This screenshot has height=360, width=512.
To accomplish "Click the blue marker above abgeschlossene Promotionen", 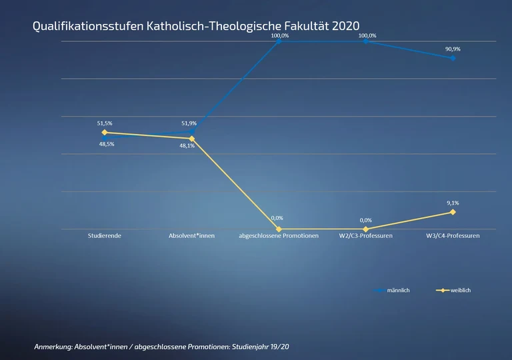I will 279,41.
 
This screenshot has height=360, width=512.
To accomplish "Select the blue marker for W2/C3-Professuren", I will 366,41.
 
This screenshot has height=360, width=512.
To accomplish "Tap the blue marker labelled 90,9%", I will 453,58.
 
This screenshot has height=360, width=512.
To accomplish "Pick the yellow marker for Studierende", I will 105,133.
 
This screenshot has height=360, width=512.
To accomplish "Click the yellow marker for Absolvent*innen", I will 192,139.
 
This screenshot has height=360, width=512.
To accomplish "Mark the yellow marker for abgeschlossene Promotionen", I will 279,229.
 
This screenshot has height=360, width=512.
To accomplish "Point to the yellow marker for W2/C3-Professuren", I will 366,229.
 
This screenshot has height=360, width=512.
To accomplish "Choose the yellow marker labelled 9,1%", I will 453,212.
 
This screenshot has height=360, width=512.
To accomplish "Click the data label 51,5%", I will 105,123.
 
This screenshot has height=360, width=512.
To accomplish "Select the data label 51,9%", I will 189,123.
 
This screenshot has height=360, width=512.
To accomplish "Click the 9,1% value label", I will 453,203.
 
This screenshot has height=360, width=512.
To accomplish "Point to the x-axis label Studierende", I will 105,236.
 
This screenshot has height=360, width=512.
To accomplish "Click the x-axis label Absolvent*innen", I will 192,236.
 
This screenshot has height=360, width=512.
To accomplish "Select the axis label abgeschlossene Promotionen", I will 279,236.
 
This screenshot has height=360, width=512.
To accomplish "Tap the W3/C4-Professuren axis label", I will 453,236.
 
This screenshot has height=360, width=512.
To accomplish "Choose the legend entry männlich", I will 398,291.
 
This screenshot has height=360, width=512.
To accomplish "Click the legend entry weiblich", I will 461,291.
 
